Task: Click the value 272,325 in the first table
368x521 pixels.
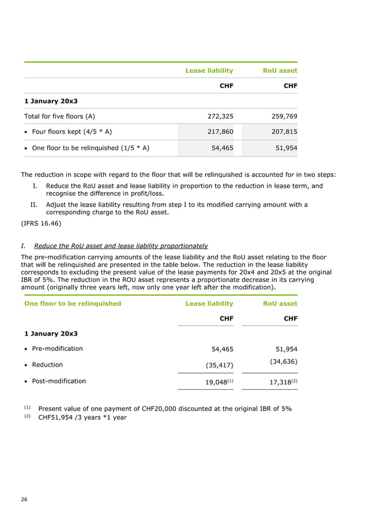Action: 220,116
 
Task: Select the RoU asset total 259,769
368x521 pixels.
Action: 284,116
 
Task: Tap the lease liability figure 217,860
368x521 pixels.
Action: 220,132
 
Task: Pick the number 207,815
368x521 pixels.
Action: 284,132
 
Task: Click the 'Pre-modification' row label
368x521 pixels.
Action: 55,349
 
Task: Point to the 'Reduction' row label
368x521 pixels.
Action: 46,365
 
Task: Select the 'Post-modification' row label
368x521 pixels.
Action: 57,381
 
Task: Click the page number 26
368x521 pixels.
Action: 24,499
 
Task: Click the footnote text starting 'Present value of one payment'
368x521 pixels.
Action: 164,409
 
